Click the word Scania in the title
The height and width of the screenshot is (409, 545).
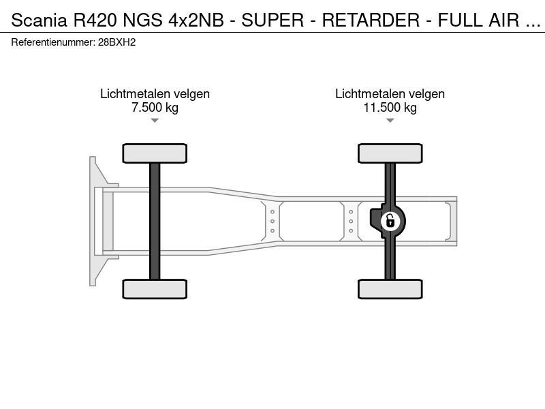click(x=39, y=20)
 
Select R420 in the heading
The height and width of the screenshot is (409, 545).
click(x=95, y=20)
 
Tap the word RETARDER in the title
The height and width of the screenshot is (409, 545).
click(x=371, y=20)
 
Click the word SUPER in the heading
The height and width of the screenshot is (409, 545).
click(x=272, y=20)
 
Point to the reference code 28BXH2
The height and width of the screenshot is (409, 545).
click(x=116, y=42)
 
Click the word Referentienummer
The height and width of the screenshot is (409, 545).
click(x=53, y=42)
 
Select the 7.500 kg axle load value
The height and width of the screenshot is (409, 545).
click(x=155, y=107)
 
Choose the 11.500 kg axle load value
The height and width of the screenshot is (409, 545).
click(x=390, y=107)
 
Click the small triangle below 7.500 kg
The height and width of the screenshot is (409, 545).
click(x=155, y=121)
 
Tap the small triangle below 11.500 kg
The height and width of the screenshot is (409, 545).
click(x=390, y=121)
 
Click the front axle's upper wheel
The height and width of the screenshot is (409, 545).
click(x=155, y=153)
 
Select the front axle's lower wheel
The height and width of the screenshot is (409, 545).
click(x=155, y=289)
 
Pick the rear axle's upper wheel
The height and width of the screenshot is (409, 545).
click(x=390, y=153)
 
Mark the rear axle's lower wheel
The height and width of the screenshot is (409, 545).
click(x=390, y=289)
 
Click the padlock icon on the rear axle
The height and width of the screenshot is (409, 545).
click(x=390, y=221)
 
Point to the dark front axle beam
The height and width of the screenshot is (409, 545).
click(x=155, y=221)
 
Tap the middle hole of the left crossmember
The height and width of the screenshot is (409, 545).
click(x=272, y=221)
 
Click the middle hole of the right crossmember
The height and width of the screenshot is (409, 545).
click(x=351, y=221)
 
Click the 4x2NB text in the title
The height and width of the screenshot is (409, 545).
click(x=196, y=20)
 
